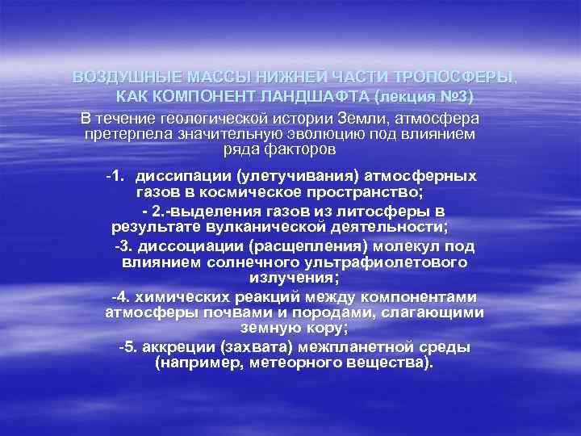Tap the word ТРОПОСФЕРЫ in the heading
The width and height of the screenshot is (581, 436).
coord(454,78)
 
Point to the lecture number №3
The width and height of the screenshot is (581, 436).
coord(451,97)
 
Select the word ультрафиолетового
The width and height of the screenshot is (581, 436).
coord(394,262)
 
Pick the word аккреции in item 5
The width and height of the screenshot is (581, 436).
coord(178,347)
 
